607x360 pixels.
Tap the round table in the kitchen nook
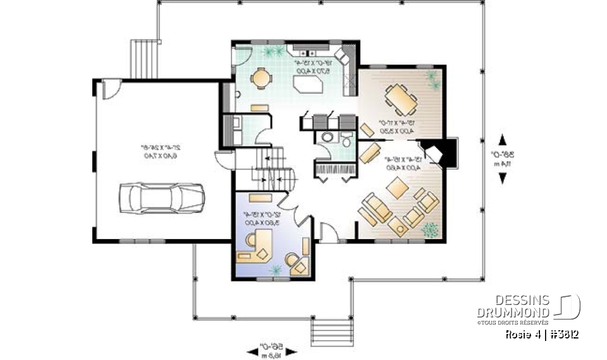[260, 78]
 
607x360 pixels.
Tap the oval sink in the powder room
[327, 137]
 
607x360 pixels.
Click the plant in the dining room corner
[432, 78]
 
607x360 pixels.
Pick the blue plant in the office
[276, 270]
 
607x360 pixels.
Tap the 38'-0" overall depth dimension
[502, 159]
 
